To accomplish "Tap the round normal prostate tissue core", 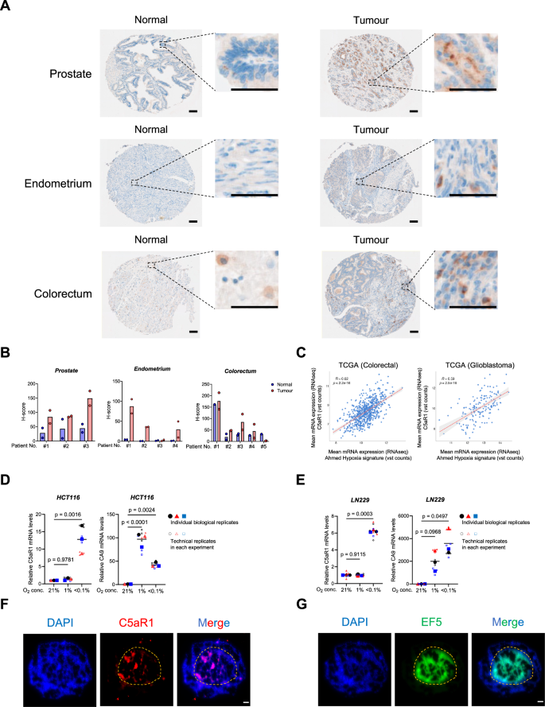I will point(140,73).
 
